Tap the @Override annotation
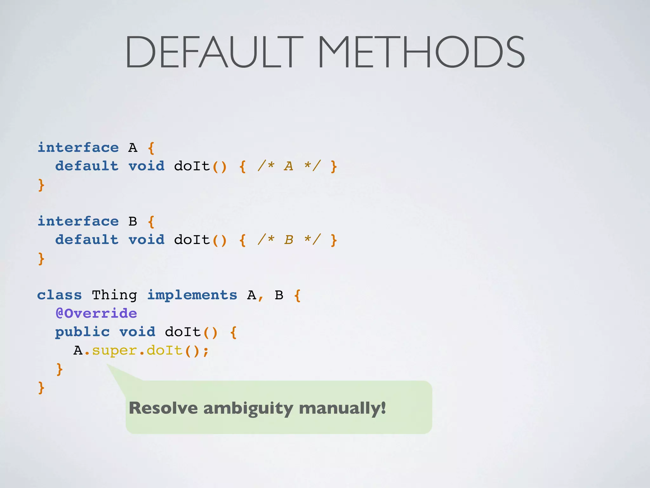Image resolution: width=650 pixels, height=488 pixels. (96, 314)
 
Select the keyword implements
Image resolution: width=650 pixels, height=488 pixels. (192, 295)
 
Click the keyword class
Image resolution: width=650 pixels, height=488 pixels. (59, 295)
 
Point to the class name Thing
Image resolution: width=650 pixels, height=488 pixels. (114, 295)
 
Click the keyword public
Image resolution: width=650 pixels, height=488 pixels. (83, 332)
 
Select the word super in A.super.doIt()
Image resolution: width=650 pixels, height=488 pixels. (114, 351)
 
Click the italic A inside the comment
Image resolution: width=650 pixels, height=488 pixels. (288, 166)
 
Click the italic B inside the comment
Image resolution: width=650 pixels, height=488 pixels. (289, 240)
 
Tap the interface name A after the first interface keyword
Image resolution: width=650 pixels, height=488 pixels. (133, 148)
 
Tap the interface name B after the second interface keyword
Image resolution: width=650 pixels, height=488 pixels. (133, 221)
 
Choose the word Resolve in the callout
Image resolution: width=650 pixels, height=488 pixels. (163, 408)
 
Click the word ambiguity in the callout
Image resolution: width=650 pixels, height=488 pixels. (248, 408)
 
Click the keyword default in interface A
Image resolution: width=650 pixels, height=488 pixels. (87, 166)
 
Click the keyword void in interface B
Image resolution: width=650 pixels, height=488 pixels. (146, 240)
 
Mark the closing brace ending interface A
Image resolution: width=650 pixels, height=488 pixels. (41, 185)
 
